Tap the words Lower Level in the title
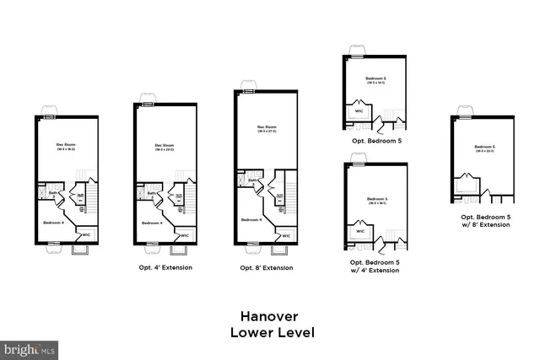pyautogui.click(x=272, y=332)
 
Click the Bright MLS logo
pyautogui.click(x=30, y=347)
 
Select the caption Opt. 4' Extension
pyautogui.click(x=166, y=267)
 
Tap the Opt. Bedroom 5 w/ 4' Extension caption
pyautogui.click(x=375, y=266)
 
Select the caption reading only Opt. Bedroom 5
pyautogui.click(x=375, y=141)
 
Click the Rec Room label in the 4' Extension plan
pyautogui.click(x=164, y=146)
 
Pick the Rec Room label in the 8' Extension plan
pyautogui.click(x=267, y=128)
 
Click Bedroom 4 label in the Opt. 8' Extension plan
pyautogui.click(x=251, y=219)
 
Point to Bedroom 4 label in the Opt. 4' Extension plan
pyautogui.click(x=152, y=223)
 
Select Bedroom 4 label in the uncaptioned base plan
pyautogui.click(x=53, y=223)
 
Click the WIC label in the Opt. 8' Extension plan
pyautogui.click(x=286, y=236)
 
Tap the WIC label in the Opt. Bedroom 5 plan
pyautogui.click(x=359, y=110)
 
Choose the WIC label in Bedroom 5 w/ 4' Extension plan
pyautogui.click(x=359, y=230)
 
